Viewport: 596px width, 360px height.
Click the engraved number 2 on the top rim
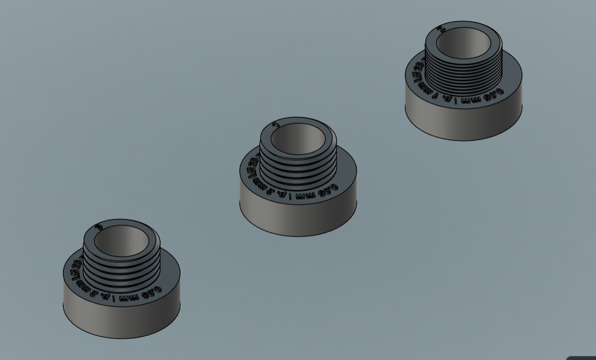[442, 29]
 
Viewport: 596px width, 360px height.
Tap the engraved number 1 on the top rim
[276, 125]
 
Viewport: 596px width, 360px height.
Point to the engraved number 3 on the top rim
[99, 227]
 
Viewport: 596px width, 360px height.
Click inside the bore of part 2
[464, 42]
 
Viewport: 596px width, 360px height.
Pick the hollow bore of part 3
[121, 240]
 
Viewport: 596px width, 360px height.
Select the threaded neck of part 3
[122, 271]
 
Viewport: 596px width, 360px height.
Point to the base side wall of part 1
[298, 218]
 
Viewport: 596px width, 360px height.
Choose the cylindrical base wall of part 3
[121, 320]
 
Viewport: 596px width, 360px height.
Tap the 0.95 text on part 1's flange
[328, 190]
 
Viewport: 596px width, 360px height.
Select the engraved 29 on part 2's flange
[419, 68]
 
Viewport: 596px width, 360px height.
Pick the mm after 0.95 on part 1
[304, 196]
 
